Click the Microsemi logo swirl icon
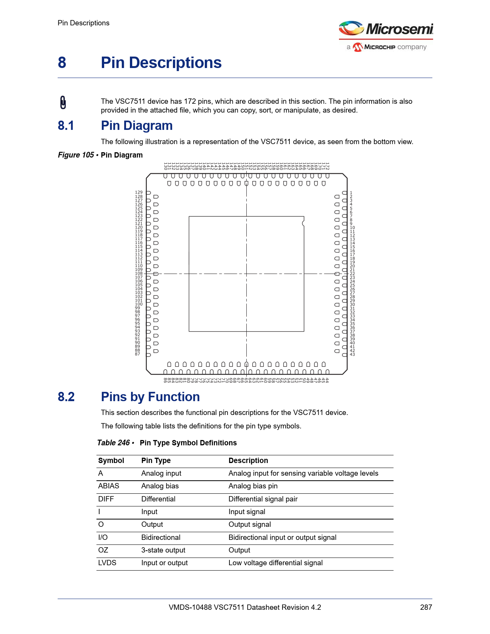pos(351,28)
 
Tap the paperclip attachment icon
pos(63,103)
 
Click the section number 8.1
pos(66,126)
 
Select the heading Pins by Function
pos(150,397)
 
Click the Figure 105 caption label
pos(76,155)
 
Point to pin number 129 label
pos(138,192)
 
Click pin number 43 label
pos(352,354)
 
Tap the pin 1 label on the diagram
pos(351,193)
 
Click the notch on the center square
pos(303,223)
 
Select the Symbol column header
pos(111,460)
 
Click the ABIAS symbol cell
pos(109,486)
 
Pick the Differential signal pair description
pos(263,499)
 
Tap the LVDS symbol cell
pos(107,563)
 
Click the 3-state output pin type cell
pos(163,550)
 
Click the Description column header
pos(248,460)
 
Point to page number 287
pos(426,607)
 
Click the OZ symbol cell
pos(103,550)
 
